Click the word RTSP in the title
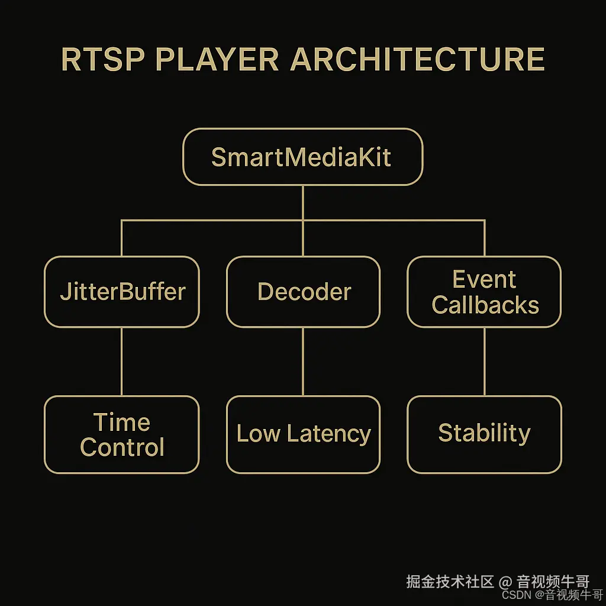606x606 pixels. [x=102, y=59]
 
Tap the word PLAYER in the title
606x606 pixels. [x=217, y=59]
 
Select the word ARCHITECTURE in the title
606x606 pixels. [x=417, y=59]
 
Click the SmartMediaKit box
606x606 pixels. [x=302, y=157]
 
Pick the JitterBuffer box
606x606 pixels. [x=122, y=292]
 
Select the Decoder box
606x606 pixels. [x=303, y=292]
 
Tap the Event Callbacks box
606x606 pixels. [x=484, y=292]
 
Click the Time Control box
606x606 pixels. [x=122, y=434]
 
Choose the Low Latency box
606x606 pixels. [x=303, y=434]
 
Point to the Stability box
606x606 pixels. [x=484, y=434]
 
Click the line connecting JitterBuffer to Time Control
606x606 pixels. [x=122, y=361]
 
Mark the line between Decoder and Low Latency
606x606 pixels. [x=303, y=361]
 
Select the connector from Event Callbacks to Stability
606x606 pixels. [x=485, y=361]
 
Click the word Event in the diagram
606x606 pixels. [x=484, y=279]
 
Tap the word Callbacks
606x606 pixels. [x=485, y=305]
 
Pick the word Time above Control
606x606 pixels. [x=122, y=422]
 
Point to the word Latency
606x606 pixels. [x=328, y=434]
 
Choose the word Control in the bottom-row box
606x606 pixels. [x=122, y=447]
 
